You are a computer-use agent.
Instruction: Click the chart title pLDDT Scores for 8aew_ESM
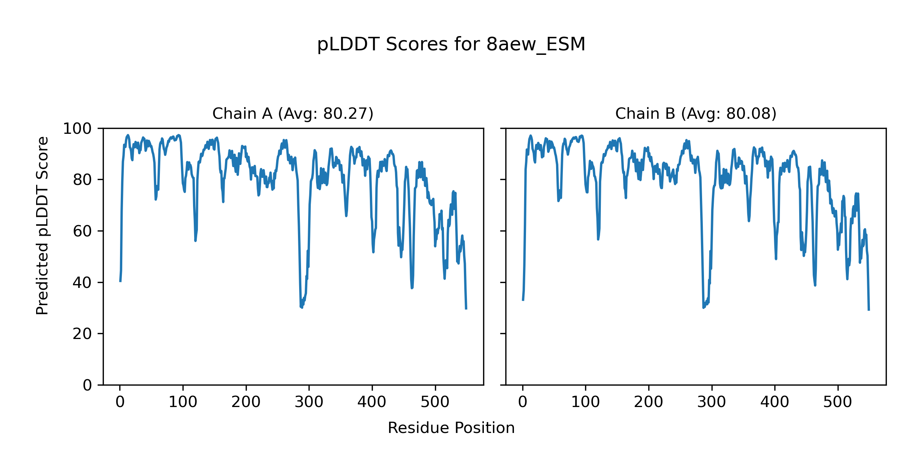click(x=451, y=44)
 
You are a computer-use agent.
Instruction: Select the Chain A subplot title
click(x=293, y=114)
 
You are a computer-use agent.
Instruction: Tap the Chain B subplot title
click(x=696, y=114)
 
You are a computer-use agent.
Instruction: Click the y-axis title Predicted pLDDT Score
click(x=42, y=225)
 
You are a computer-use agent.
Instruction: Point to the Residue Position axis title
click(x=451, y=428)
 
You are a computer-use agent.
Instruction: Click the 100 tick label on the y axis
click(x=77, y=129)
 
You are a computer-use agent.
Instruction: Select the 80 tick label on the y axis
click(x=82, y=180)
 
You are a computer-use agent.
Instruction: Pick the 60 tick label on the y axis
click(x=82, y=231)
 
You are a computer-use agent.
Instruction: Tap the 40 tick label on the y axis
click(x=82, y=283)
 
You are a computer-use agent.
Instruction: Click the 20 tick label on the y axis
click(x=82, y=334)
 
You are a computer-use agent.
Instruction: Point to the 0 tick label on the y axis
click(x=87, y=385)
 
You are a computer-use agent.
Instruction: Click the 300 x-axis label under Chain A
click(x=309, y=402)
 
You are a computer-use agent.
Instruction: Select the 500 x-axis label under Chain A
click(x=435, y=402)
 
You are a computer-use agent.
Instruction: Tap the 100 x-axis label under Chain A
click(x=183, y=402)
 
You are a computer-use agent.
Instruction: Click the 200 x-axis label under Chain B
click(x=649, y=402)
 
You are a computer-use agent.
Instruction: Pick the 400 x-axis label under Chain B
click(x=775, y=402)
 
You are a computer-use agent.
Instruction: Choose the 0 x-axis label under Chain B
click(x=523, y=402)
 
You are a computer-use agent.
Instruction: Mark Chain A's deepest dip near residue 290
click(x=301, y=307)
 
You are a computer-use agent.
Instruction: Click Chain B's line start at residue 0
click(x=523, y=300)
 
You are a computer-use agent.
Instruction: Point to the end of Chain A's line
click(x=466, y=309)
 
